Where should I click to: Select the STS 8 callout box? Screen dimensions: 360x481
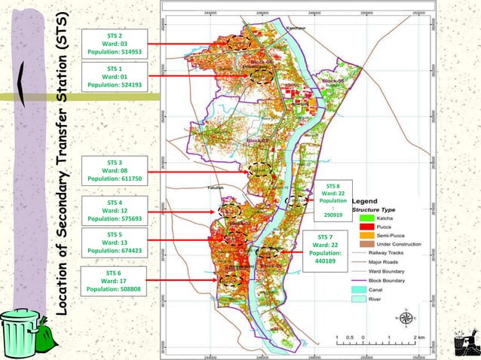coord(333,200)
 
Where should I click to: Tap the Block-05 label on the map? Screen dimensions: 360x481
coord(332,79)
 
